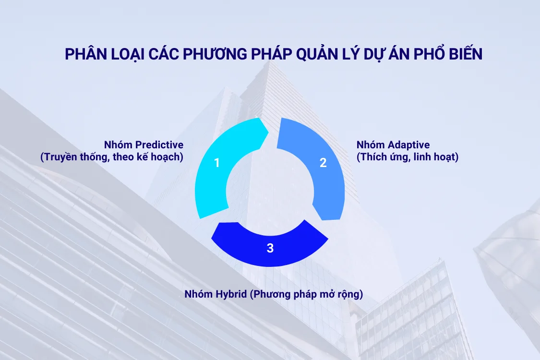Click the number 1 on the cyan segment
(217, 163)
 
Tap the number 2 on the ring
(323, 163)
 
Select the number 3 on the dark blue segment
(270, 248)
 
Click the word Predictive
(159, 144)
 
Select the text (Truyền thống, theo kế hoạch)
(112, 157)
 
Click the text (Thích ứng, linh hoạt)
(408, 157)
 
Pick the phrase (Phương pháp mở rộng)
(306, 294)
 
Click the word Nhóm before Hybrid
(198, 294)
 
